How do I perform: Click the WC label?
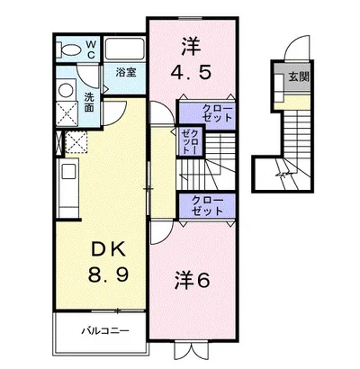91,49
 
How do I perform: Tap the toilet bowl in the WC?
70,49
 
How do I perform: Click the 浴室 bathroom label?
126,72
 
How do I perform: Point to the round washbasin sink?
66,90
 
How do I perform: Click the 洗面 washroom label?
89,103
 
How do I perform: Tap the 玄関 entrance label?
299,77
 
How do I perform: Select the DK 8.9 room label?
109,262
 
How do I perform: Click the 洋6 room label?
192,281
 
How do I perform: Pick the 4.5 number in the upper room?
191,72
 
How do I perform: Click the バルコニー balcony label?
105,331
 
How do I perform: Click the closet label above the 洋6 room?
208,205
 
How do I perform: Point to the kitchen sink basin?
68,173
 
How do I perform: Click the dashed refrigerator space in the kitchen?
76,142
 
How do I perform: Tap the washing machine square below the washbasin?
67,113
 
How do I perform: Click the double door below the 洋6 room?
191,351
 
